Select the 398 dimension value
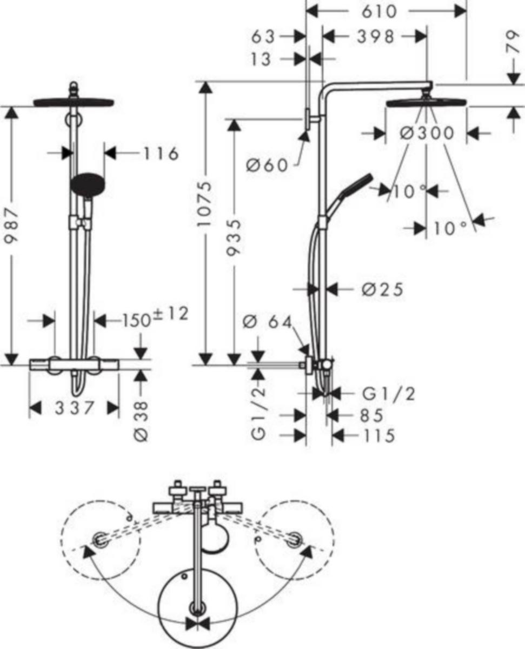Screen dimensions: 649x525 376,37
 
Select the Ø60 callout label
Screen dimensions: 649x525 267,165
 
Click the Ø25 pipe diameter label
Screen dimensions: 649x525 383,289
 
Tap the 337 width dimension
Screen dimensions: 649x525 74,408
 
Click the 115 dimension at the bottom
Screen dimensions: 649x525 379,435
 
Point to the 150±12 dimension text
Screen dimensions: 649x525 155,317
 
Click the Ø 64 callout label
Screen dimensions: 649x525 267,323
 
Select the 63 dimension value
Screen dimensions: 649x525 263,37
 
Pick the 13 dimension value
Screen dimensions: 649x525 261,59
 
